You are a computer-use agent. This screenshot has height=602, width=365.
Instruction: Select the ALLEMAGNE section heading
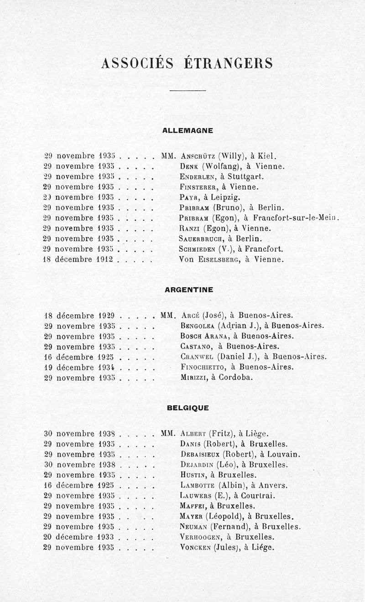[x=188, y=130]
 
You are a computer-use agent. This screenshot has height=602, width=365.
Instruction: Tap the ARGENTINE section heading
[x=188, y=290]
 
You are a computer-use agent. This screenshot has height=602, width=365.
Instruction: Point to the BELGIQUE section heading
[x=188, y=408]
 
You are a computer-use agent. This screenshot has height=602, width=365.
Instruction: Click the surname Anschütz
[x=198, y=156]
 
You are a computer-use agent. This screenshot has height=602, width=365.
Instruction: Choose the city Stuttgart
[x=246, y=176]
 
